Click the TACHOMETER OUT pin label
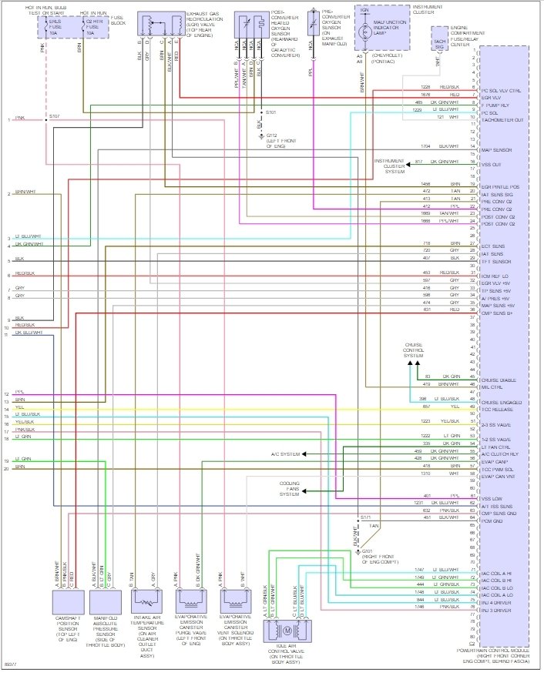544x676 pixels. point(502,119)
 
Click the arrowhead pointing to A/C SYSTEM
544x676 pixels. point(305,454)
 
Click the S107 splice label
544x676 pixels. point(53,115)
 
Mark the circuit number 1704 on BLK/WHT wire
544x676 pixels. point(425,146)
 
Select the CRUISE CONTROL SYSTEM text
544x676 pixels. point(415,350)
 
